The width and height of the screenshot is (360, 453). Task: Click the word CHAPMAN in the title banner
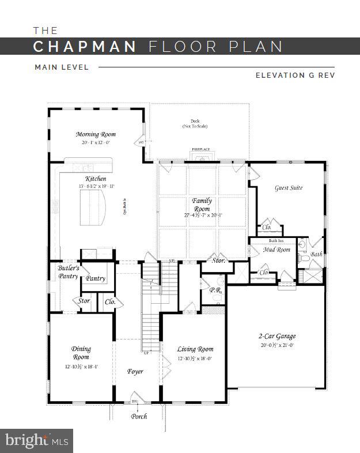85,47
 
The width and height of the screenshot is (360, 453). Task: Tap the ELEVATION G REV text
295,75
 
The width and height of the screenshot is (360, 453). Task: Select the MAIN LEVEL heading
62,67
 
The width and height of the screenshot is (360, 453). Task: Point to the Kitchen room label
96,179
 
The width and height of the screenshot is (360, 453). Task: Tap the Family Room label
202,205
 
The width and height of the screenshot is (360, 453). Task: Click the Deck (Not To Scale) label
195,124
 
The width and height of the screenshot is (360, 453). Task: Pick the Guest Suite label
289,188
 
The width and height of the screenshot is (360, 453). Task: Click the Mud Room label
276,250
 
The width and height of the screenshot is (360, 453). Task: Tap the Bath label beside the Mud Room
317,254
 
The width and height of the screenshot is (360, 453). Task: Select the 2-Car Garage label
276,336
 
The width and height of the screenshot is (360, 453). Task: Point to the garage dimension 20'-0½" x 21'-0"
276,345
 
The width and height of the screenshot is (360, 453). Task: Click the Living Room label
195,349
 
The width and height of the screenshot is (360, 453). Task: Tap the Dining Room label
81,353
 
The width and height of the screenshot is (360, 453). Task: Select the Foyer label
135,371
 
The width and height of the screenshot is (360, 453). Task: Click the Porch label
139,416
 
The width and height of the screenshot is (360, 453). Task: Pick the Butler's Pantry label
68,272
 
